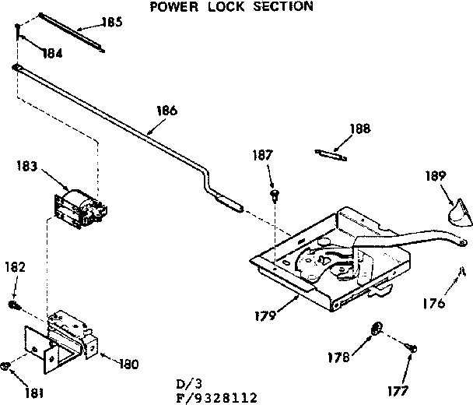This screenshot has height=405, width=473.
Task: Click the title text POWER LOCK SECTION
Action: coord(231,7)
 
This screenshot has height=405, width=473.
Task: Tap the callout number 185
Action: coord(112,23)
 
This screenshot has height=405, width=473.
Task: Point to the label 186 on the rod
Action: coord(166,111)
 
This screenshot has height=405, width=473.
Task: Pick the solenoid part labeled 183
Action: coord(78,206)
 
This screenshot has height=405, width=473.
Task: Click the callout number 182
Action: coord(15,266)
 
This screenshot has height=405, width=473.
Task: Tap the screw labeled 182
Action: coord(14,304)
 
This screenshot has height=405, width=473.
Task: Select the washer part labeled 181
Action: coord(7,364)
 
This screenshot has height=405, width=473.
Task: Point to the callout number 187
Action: coord(263,156)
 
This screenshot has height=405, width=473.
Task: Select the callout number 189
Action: coord(435,177)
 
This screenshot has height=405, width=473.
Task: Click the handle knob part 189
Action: coord(453,210)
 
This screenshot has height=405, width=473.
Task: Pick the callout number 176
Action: coord(435,303)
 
